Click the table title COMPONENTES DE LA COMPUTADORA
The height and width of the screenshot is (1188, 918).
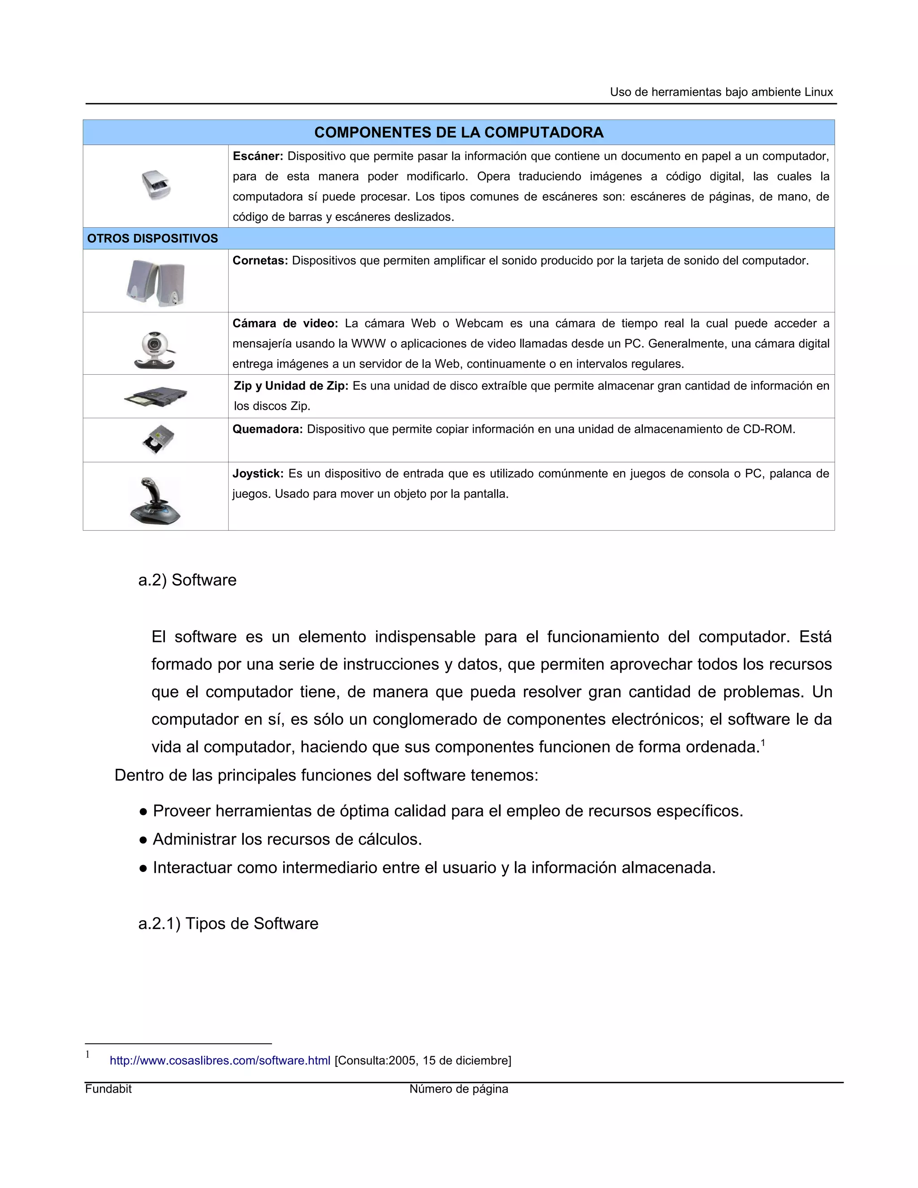coord(459,132)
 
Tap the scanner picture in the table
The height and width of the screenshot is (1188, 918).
coord(156,185)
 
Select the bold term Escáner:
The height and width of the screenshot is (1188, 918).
coord(258,156)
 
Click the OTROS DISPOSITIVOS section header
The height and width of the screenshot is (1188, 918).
coord(152,238)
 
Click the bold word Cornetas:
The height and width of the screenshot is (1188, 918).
coord(260,260)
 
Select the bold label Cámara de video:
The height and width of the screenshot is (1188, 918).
coord(285,324)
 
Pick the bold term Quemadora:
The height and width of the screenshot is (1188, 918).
coord(268,429)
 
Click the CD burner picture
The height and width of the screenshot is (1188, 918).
coord(158,439)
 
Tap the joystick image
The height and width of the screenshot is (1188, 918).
coord(155,502)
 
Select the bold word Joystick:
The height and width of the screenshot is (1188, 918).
coord(258,474)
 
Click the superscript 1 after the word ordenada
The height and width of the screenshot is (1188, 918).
coord(763,742)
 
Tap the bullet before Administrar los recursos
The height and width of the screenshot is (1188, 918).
coord(143,840)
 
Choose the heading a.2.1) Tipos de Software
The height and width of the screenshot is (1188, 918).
coord(229,923)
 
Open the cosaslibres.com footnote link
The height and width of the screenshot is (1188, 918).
coord(220,1060)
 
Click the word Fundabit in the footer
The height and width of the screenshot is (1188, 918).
coord(108,1088)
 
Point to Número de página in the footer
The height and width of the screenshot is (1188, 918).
coord(459,1088)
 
